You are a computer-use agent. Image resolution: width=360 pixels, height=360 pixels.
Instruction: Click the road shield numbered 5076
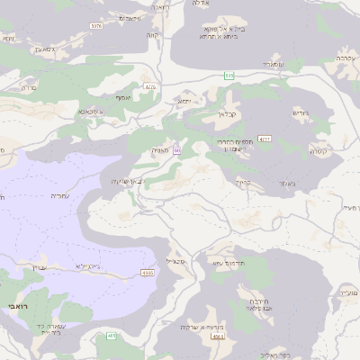[x=96, y=26]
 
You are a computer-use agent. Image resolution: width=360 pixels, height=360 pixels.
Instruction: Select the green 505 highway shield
[x=229, y=76]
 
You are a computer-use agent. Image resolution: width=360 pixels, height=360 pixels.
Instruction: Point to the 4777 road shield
[x=265, y=139]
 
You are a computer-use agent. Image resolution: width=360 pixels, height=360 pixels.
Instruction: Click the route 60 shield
[x=177, y=149]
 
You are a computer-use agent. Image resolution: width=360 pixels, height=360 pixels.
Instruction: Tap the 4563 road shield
[x=217, y=336]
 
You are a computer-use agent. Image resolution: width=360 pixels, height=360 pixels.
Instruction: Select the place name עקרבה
[x=344, y=57]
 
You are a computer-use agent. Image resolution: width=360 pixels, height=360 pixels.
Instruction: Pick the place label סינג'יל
[x=175, y=262]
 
